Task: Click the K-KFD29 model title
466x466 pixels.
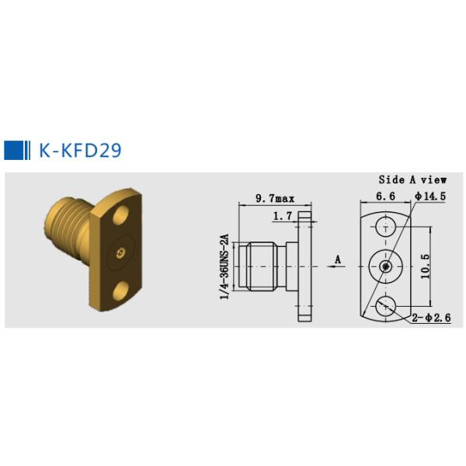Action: click(80, 150)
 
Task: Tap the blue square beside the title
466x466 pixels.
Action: click(13, 150)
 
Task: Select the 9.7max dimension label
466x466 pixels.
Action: click(275, 198)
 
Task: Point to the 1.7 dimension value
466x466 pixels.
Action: click(283, 216)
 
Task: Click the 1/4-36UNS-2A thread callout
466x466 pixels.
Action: click(224, 266)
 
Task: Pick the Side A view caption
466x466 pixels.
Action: click(412, 179)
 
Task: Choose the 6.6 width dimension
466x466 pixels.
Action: click(385, 196)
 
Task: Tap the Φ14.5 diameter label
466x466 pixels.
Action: click(430, 196)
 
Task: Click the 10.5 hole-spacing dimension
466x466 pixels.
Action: click(426, 266)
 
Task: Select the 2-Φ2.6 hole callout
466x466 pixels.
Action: click(431, 318)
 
